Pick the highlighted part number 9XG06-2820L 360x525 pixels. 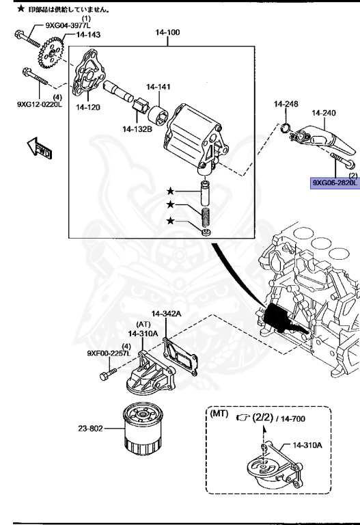335,183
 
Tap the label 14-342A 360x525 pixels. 167,314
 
